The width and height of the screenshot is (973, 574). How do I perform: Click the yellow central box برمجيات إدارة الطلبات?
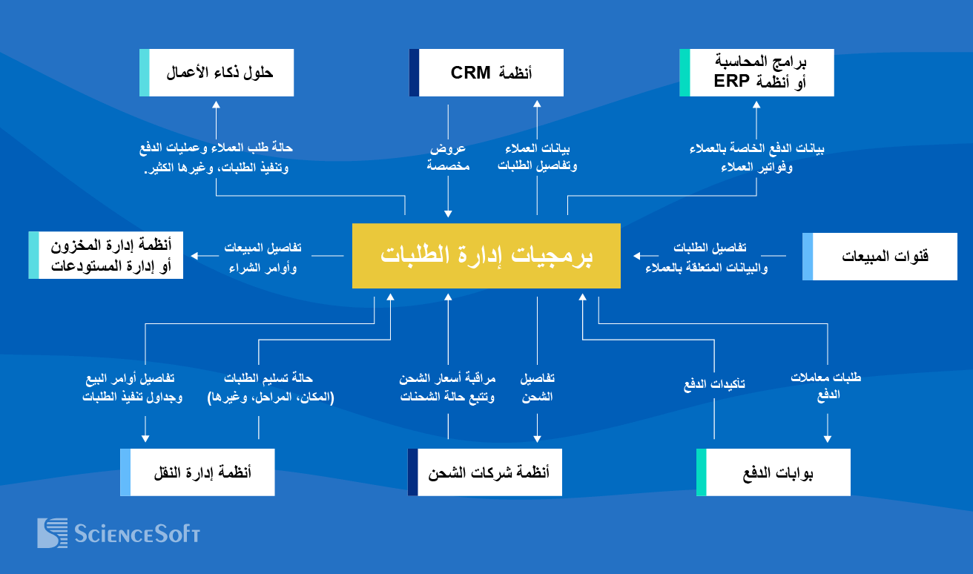(x=486, y=255)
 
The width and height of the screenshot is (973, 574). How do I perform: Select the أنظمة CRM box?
(x=486, y=73)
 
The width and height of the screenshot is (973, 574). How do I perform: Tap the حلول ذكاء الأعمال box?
(x=217, y=73)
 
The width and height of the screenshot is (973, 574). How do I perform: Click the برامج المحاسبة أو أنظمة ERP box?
(x=756, y=73)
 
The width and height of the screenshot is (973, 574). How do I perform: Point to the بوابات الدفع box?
(x=774, y=472)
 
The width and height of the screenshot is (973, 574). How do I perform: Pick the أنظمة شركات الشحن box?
(x=485, y=472)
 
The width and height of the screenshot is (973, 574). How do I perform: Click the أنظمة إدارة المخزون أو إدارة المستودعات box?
(x=105, y=255)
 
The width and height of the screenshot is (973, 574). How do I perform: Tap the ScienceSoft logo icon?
(x=53, y=532)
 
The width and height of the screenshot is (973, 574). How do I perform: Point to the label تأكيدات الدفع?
(x=714, y=384)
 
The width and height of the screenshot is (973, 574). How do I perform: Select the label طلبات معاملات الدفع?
(x=827, y=386)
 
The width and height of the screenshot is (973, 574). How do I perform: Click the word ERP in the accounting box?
(x=730, y=82)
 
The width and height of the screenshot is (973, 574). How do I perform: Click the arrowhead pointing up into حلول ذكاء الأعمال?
(x=217, y=105)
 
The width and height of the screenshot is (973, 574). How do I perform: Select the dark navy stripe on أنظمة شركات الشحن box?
(x=413, y=472)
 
